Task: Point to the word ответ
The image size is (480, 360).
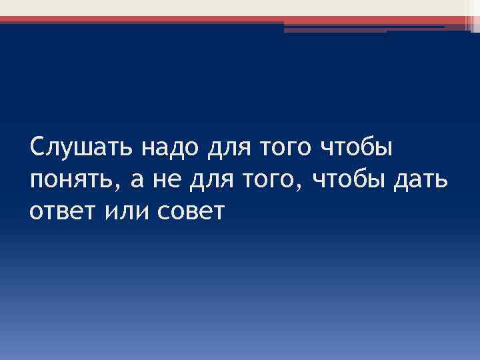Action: [62, 213]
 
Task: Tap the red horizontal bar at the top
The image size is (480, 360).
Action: [200, 20]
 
